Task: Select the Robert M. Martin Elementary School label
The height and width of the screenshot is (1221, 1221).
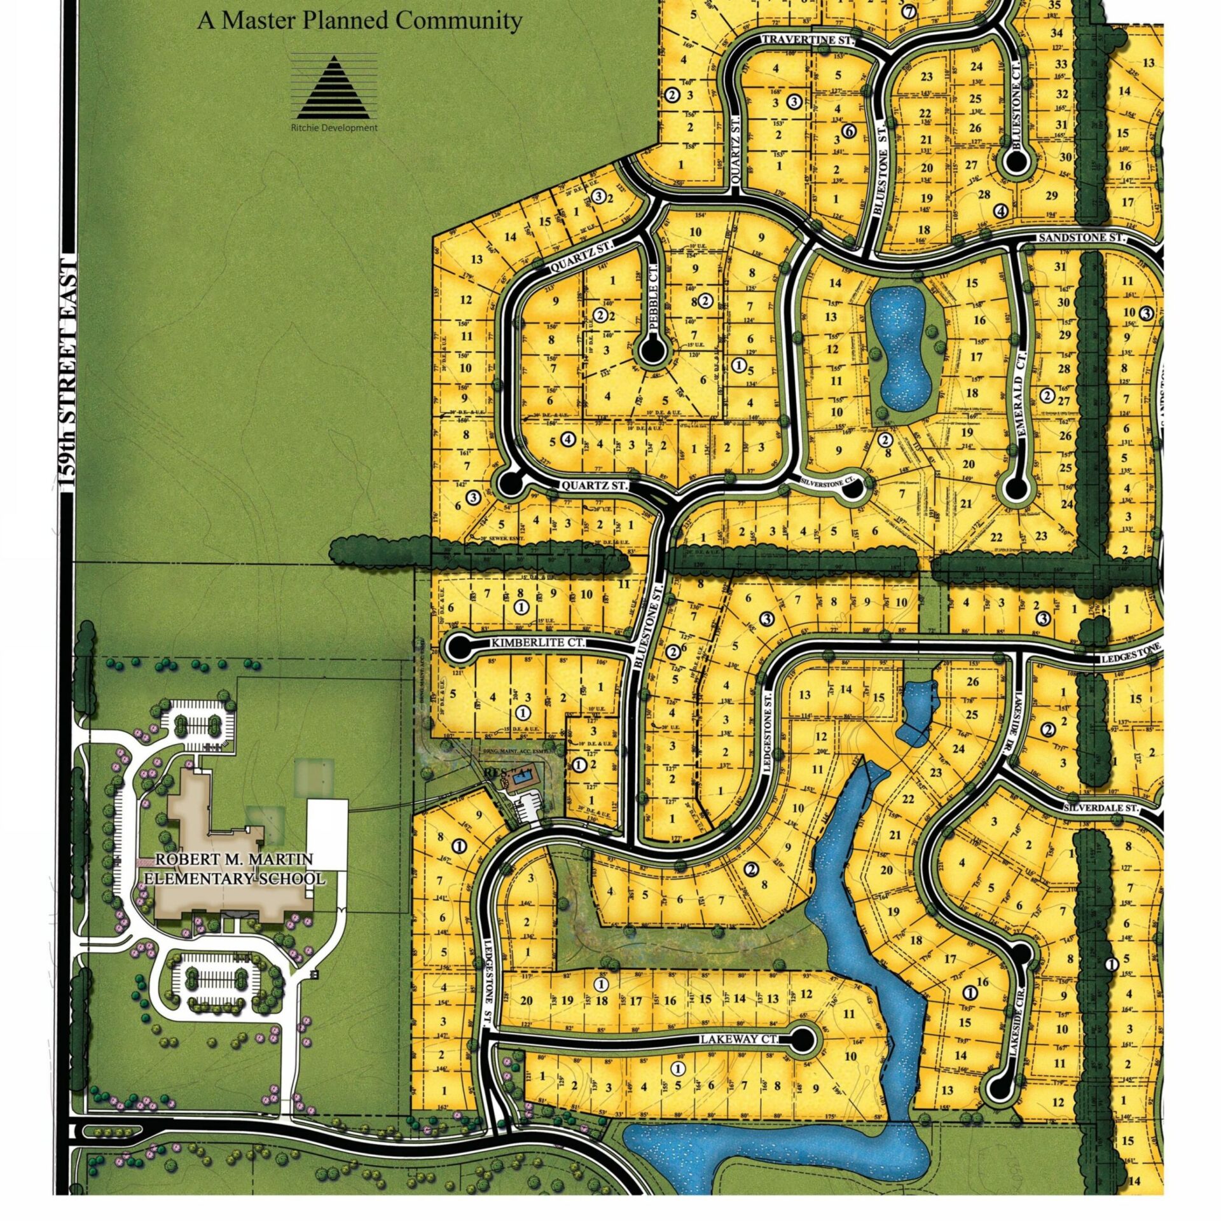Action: pyautogui.click(x=235, y=869)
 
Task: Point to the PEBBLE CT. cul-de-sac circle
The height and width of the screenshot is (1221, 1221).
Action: pyautogui.click(x=653, y=350)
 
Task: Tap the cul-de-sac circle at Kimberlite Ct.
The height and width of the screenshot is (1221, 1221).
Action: pyautogui.click(x=458, y=647)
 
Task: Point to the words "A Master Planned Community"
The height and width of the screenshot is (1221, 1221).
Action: pyautogui.click(x=359, y=20)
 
